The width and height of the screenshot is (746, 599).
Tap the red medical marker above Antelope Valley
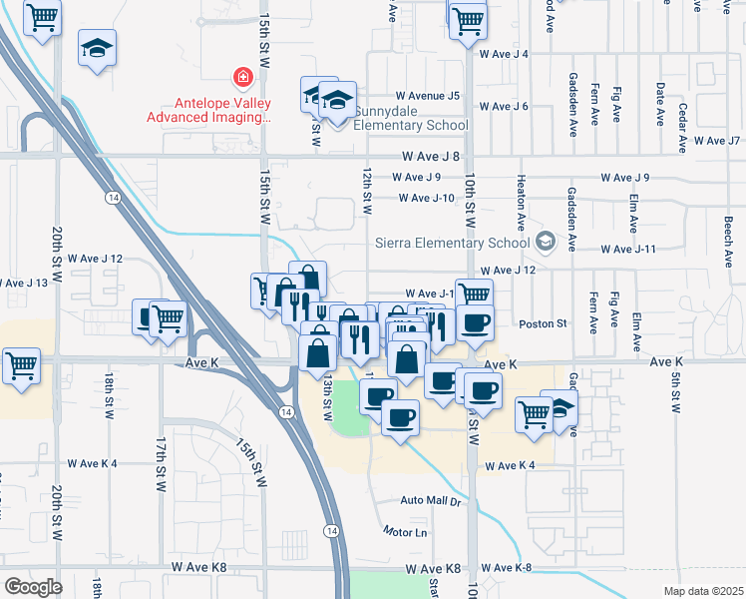[241, 76]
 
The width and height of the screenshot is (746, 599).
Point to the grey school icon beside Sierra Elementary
[546, 241]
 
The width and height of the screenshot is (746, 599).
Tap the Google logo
[33, 587]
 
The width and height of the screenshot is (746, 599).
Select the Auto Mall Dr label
[432, 500]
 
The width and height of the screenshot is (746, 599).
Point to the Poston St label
[544, 323]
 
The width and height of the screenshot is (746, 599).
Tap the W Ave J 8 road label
[432, 157]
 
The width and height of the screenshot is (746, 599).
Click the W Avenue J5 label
[426, 96]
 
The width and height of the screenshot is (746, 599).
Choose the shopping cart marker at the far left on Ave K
[22, 365]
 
